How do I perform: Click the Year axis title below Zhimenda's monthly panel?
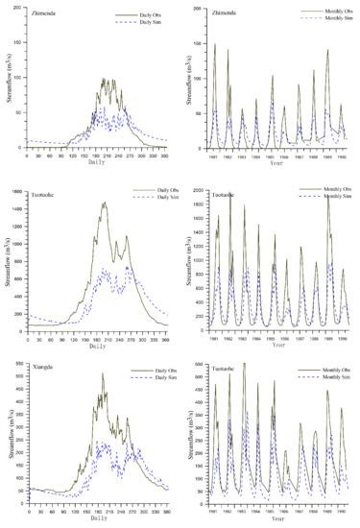(276, 162)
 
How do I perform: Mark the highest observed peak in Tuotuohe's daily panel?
(103, 203)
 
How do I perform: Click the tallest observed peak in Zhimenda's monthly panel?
(214, 44)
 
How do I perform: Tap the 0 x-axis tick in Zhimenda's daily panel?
(26, 154)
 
